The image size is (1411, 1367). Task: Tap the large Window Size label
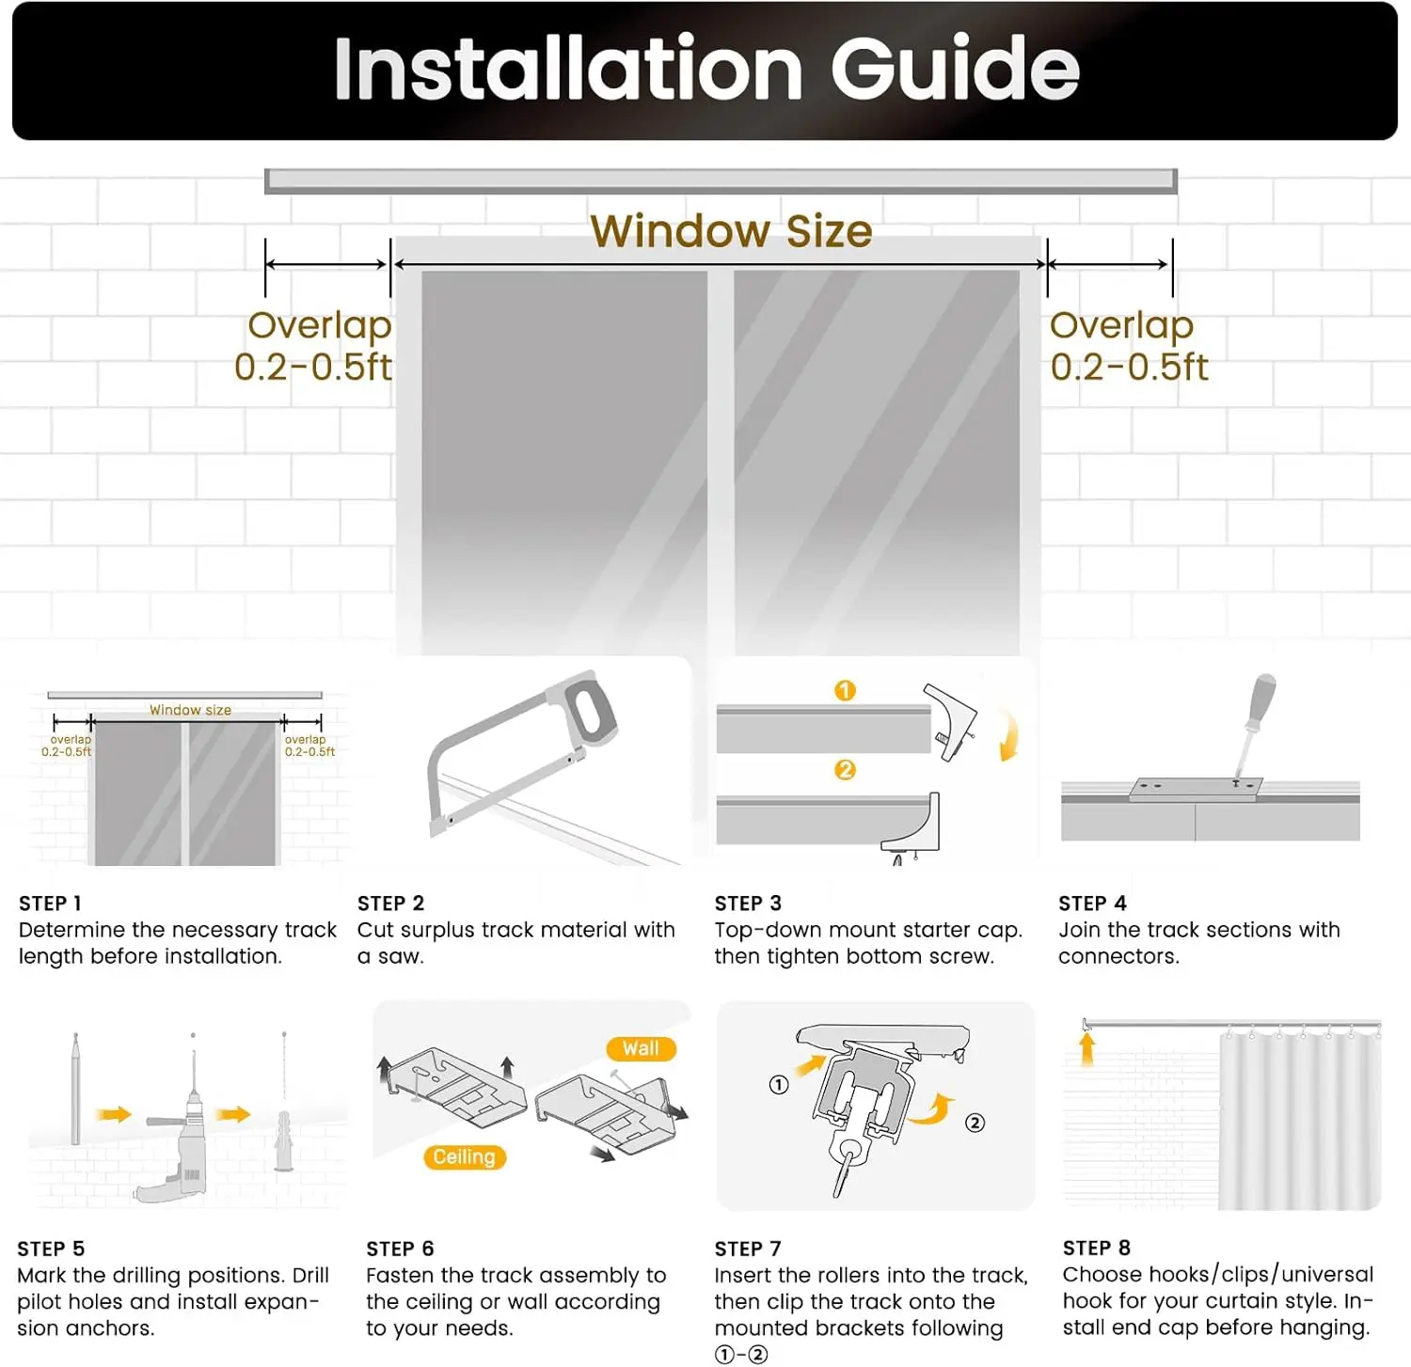coord(731,231)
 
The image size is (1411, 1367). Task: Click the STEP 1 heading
coord(50,903)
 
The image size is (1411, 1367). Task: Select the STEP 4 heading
coord(1092,903)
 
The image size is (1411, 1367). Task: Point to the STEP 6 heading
coord(400,1249)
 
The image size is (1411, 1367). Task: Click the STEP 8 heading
coord(1097,1248)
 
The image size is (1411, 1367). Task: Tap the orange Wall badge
coord(641,1048)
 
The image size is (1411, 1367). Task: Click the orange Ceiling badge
coord(464,1157)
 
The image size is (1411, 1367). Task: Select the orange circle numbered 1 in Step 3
coord(845,691)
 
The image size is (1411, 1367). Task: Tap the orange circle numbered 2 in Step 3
coord(845,770)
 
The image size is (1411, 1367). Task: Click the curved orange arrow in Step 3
coord(1009,735)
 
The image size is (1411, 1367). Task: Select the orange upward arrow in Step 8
coord(1087,1049)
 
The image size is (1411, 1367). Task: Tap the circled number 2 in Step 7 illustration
coord(975,1123)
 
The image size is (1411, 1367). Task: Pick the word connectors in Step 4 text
coord(1118,957)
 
